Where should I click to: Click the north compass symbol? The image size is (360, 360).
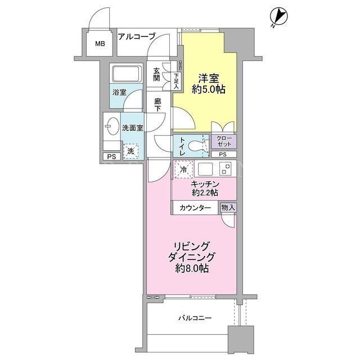(279, 16)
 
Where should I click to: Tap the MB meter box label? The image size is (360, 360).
(100, 43)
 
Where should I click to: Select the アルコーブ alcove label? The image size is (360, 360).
(137, 36)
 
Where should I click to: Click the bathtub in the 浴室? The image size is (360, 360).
(126, 74)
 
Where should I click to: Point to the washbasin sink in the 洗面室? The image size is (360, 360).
(112, 126)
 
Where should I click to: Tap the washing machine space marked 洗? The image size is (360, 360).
(131, 151)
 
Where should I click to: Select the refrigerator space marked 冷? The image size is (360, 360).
(184, 169)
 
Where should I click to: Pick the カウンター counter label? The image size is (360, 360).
(195, 208)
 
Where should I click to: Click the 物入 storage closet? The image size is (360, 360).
(228, 208)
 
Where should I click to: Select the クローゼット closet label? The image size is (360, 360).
(224, 141)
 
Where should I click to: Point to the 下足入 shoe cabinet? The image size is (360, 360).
(176, 81)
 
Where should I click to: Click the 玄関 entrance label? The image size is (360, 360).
(156, 74)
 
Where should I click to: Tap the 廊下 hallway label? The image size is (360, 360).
(157, 105)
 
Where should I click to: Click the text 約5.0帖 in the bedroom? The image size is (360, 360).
(209, 89)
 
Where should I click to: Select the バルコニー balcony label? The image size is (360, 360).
(195, 318)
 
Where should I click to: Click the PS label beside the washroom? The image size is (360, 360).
(111, 157)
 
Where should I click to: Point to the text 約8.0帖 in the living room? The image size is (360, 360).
(192, 268)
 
